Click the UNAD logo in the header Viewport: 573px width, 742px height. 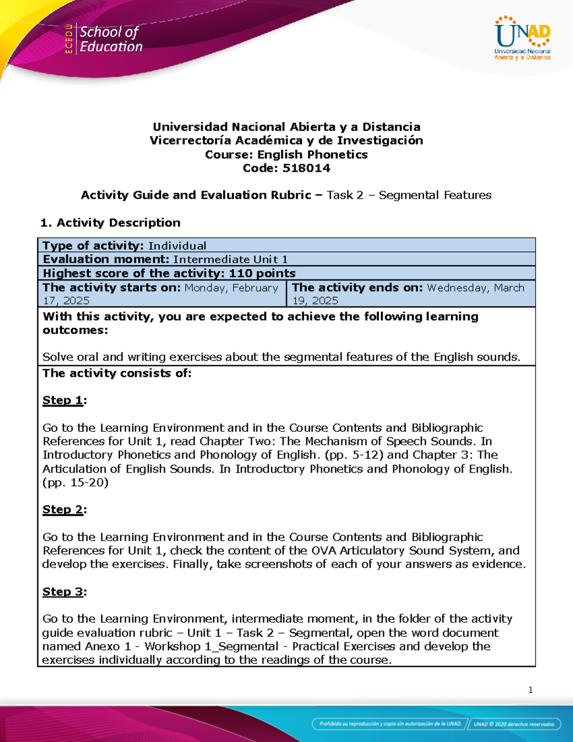522,38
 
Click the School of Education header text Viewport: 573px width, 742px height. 111,39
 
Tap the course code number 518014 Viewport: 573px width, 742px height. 306,168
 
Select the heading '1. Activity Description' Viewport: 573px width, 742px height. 110,223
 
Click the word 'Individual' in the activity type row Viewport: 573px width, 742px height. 177,246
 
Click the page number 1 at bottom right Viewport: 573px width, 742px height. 531,690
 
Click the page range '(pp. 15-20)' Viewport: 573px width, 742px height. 75,483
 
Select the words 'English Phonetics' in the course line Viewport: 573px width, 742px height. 312,155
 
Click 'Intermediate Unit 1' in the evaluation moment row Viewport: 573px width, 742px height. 230,259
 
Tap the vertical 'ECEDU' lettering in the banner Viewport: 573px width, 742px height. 69,38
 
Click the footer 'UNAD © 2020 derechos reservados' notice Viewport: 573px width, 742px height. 514,724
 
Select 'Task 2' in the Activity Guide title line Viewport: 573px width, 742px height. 345,195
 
